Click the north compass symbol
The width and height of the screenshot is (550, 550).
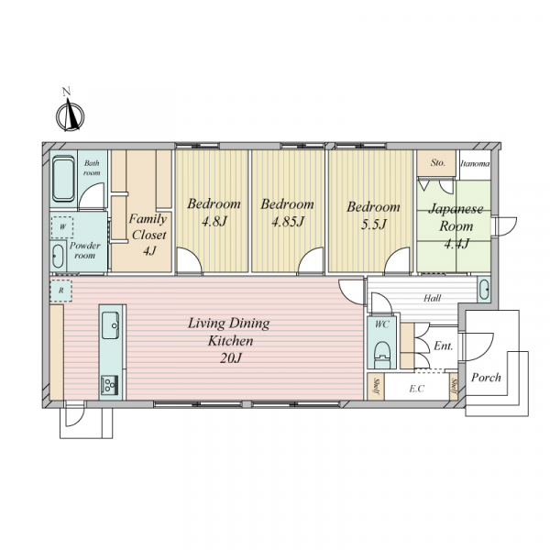(x=71, y=113)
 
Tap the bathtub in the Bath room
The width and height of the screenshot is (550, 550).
(x=63, y=179)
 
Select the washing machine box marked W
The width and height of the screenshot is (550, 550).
(x=62, y=227)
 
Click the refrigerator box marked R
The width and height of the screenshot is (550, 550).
(x=61, y=291)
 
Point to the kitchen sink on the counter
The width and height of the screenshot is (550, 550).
(x=110, y=325)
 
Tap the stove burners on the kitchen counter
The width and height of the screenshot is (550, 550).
(x=109, y=385)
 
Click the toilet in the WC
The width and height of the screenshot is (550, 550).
(x=382, y=353)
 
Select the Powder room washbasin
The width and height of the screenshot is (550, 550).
(x=58, y=256)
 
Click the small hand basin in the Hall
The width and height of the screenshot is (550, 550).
(x=484, y=290)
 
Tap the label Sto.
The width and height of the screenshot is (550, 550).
(x=438, y=163)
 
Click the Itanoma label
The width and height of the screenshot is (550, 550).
(x=475, y=163)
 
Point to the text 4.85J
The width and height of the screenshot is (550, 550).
(x=288, y=222)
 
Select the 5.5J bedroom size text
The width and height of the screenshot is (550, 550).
(x=374, y=225)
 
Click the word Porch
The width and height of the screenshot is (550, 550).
(x=486, y=378)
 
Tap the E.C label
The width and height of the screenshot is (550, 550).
(x=417, y=389)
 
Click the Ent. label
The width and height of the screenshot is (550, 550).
(x=444, y=346)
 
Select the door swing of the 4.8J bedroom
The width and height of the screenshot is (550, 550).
(x=189, y=260)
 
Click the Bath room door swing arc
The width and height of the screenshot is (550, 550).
(x=91, y=195)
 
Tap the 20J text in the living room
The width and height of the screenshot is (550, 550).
(x=231, y=358)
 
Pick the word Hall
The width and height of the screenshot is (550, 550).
(x=432, y=298)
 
